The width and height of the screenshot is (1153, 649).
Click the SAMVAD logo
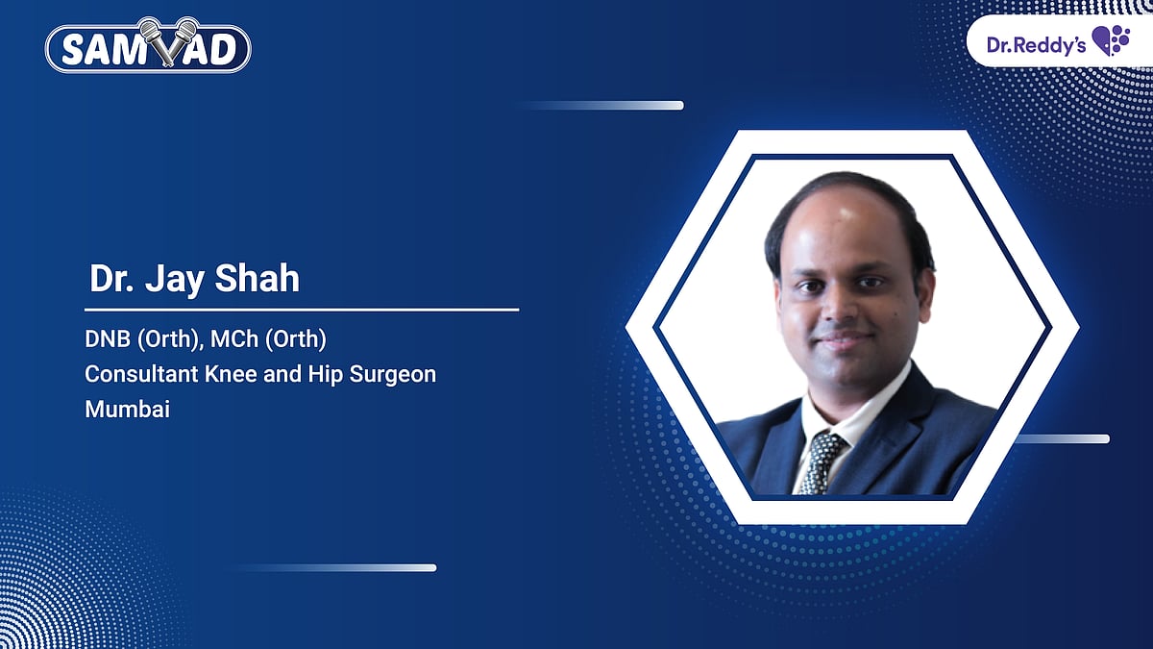click(148, 48)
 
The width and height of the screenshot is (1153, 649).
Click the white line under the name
click(302, 310)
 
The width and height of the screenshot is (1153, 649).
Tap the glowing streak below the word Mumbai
click(336, 567)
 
